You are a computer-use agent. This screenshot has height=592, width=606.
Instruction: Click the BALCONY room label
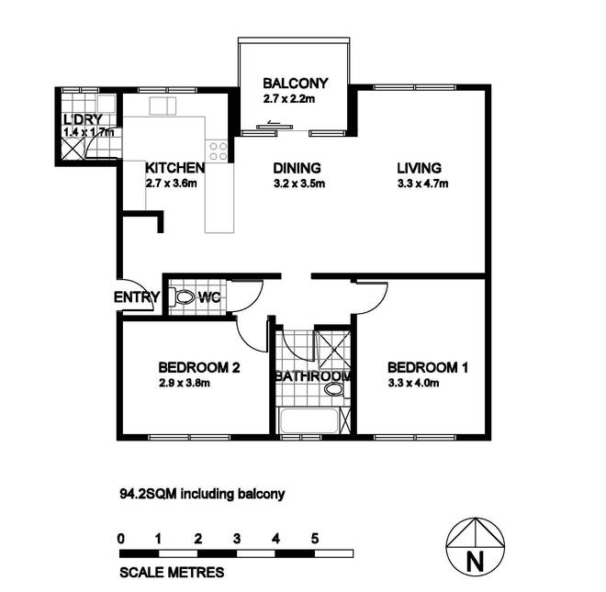coord(296,84)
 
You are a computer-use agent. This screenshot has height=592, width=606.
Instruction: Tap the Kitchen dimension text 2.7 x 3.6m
coord(171,184)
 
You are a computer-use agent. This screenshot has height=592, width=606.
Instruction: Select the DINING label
coord(297,168)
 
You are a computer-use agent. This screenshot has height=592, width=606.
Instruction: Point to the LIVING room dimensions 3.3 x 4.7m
coord(422,184)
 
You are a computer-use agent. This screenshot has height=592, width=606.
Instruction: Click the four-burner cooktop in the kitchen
coord(218,151)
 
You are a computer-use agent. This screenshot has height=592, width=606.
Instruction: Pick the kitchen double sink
coord(163,106)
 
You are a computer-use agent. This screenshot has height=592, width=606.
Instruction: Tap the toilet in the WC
coord(183,297)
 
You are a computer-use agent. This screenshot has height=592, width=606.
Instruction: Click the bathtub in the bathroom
coord(309,420)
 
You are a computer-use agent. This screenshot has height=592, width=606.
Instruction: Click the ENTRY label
coord(137,297)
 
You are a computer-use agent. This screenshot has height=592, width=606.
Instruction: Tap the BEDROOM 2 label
coord(199,367)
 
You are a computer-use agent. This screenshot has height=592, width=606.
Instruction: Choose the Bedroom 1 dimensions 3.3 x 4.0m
coord(413,384)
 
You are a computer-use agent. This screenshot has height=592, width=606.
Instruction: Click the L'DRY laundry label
coord(83,119)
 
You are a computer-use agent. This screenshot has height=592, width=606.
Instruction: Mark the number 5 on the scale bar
coord(315,538)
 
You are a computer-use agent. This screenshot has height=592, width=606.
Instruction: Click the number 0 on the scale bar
coord(121,538)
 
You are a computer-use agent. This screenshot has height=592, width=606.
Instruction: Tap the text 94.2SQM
coord(149,494)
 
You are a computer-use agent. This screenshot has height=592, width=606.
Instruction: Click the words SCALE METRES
coord(172,573)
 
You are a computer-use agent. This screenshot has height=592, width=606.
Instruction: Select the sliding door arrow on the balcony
coord(274,122)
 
